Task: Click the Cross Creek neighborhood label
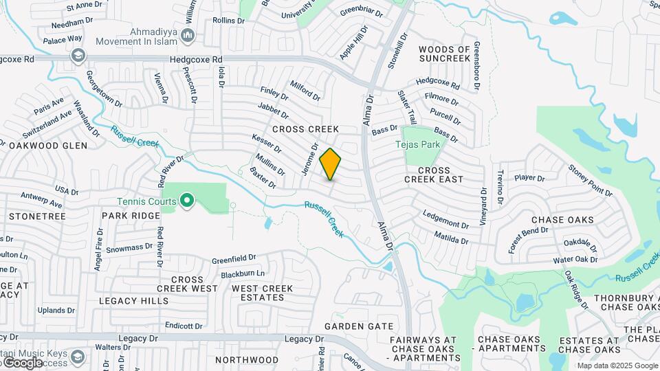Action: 306,129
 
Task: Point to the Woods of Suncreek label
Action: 445,54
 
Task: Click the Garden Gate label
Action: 359,326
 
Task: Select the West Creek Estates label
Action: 258,293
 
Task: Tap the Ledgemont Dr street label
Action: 446,219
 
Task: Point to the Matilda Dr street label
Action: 452,237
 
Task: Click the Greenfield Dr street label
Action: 234,260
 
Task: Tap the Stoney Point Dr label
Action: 590,180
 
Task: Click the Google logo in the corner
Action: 22,362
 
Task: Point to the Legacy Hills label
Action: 133,301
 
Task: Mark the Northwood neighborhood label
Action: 247,360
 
